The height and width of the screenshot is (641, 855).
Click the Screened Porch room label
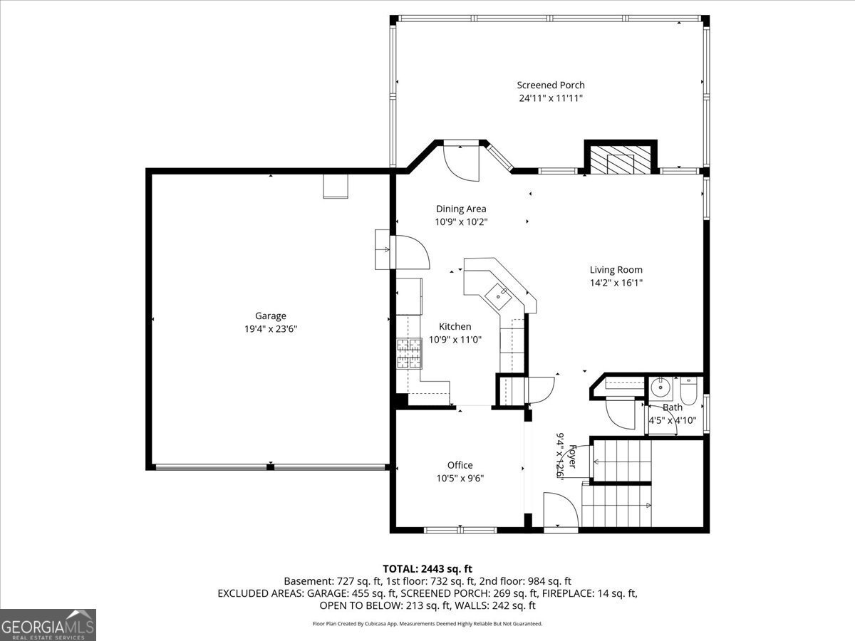click(551, 85)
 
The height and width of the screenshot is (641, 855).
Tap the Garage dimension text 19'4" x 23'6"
click(271, 329)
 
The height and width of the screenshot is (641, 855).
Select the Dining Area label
click(461, 209)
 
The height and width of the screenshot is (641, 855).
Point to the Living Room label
click(616, 269)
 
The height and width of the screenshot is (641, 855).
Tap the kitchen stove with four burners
click(409, 353)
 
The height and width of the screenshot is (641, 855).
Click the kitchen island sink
click(497, 293)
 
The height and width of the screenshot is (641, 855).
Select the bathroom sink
click(660, 389)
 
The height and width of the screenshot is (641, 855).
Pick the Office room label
click(460, 465)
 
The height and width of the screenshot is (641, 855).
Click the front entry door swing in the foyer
click(559, 511)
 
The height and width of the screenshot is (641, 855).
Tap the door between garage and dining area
click(410, 251)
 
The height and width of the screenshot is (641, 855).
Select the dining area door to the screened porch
click(460, 161)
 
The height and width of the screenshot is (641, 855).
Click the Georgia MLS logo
click(48, 625)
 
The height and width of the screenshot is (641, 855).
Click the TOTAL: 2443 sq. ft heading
click(427, 568)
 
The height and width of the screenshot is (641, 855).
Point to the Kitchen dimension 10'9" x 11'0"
click(455, 340)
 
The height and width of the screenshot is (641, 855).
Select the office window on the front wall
click(460, 530)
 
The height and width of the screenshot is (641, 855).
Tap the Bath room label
click(672, 407)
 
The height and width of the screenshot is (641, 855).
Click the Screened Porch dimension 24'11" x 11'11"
click(551, 98)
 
